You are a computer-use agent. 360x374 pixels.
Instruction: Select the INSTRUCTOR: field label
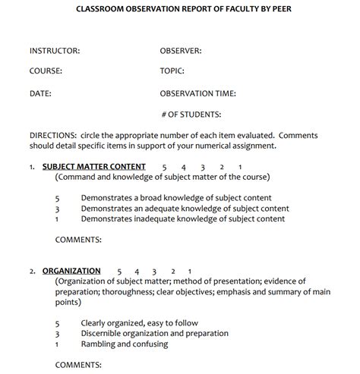click(55, 51)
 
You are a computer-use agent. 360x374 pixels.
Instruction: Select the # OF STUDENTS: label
click(191, 115)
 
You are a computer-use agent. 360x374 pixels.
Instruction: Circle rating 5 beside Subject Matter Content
click(165, 167)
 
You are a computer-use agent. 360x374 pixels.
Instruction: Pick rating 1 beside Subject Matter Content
click(240, 167)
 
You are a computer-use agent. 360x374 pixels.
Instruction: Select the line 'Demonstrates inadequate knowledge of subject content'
click(183, 219)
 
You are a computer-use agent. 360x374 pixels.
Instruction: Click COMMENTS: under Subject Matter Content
click(78, 240)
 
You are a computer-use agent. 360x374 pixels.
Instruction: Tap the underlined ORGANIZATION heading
click(71, 271)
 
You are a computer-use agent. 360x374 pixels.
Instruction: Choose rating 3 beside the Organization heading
click(154, 271)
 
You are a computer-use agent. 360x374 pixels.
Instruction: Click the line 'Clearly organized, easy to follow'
click(141, 322)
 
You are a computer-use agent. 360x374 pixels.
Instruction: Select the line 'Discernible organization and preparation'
click(154, 333)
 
